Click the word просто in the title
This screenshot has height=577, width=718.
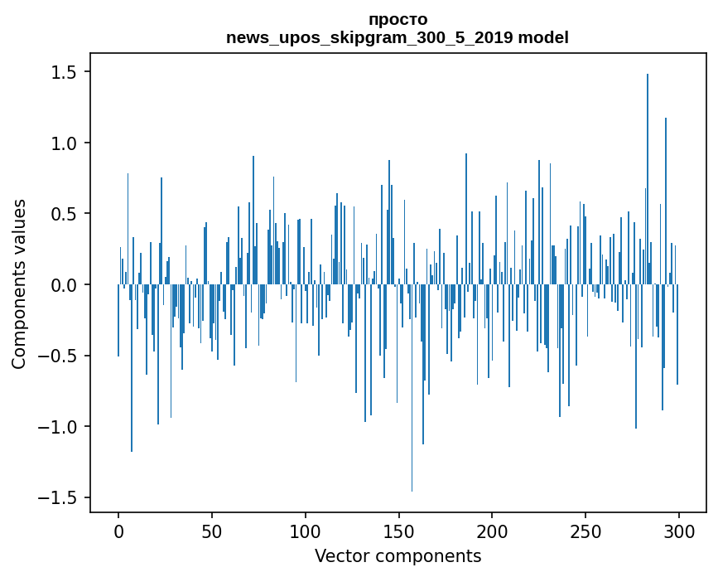pos(398,20)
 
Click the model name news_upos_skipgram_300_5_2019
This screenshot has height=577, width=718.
pos(369,37)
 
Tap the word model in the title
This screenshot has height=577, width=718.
pos(543,37)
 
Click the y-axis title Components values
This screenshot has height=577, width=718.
pos(19,284)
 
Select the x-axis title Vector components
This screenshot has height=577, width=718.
pos(398,556)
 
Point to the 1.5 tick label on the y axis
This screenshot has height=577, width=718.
pos(63,72)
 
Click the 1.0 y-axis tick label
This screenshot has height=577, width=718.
pos(63,143)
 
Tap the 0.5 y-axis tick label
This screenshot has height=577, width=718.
pos(63,214)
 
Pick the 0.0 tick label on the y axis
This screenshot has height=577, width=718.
pos(63,285)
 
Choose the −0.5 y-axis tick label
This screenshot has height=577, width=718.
pos(57,356)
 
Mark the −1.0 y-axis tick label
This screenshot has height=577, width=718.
pos(57,427)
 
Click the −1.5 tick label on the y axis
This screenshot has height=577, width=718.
pos(57,498)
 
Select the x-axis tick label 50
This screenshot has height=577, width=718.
pos(211,532)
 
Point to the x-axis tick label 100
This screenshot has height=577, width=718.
pos(305,532)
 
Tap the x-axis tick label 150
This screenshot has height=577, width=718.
pos(398,532)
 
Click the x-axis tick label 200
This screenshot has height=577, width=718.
pos(492,532)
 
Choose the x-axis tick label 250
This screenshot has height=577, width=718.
pos(585,532)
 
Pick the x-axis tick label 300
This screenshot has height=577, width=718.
pos(678,532)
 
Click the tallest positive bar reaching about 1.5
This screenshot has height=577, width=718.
pos(648,179)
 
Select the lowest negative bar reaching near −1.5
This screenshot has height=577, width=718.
pos(412,388)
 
